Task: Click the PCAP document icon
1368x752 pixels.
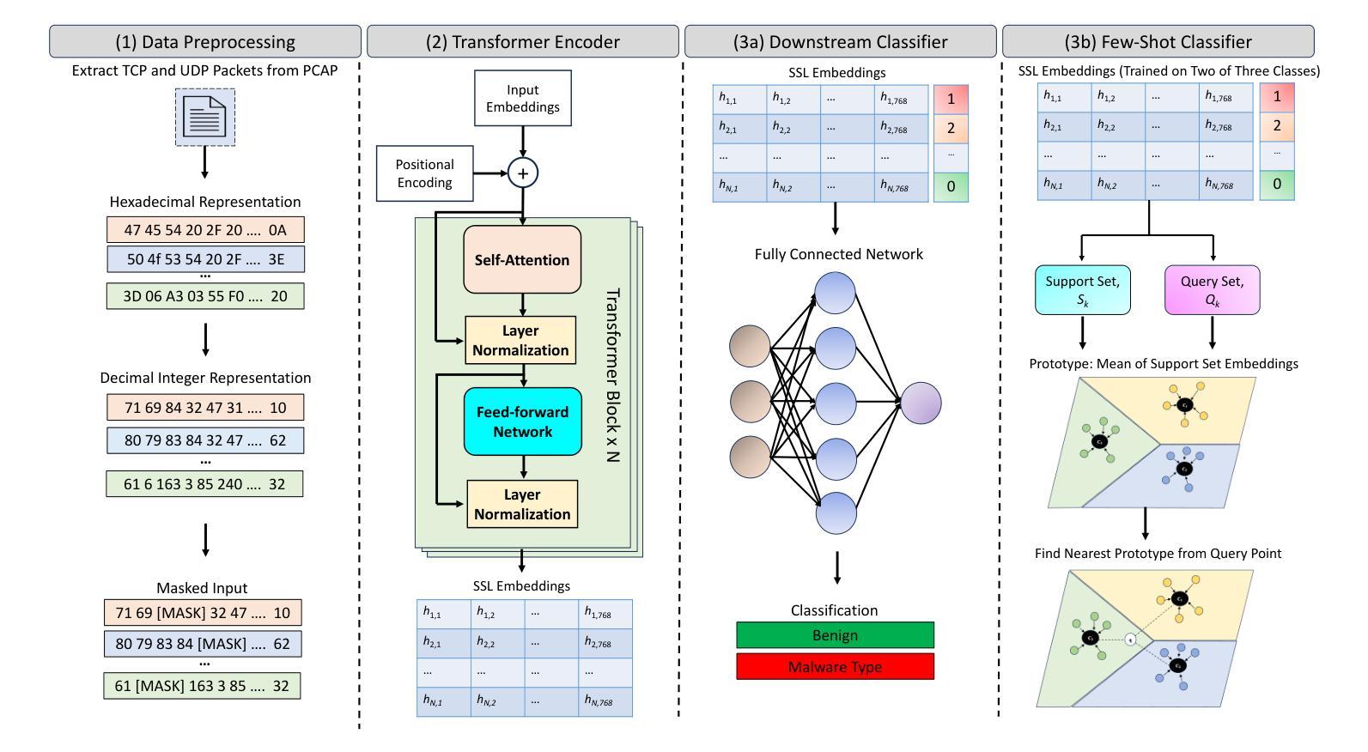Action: coord(205,117)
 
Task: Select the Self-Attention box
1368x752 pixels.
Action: coord(522,260)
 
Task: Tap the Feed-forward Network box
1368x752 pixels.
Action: coord(522,421)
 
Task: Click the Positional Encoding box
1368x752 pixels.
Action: coord(424,173)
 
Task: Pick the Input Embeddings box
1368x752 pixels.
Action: coord(522,98)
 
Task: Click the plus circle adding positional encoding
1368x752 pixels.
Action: coord(522,173)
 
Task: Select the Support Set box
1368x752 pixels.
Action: coord(1082,290)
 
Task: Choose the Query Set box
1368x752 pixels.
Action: coord(1212,290)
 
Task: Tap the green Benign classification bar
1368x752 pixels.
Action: coord(835,635)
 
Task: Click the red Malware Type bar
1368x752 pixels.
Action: coord(835,667)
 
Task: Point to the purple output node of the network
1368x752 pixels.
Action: coord(921,403)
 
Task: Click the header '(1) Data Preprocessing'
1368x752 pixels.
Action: coord(205,41)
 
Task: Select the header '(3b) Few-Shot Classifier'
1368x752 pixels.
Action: coord(1158,41)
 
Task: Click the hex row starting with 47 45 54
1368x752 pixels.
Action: coord(205,230)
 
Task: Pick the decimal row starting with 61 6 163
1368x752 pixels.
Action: coord(204,484)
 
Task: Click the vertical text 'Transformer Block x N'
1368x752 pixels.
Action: coord(612,376)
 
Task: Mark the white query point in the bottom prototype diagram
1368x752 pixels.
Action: coord(1131,639)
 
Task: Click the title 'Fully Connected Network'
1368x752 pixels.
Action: coord(838,254)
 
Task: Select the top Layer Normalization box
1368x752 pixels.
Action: coord(520,340)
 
